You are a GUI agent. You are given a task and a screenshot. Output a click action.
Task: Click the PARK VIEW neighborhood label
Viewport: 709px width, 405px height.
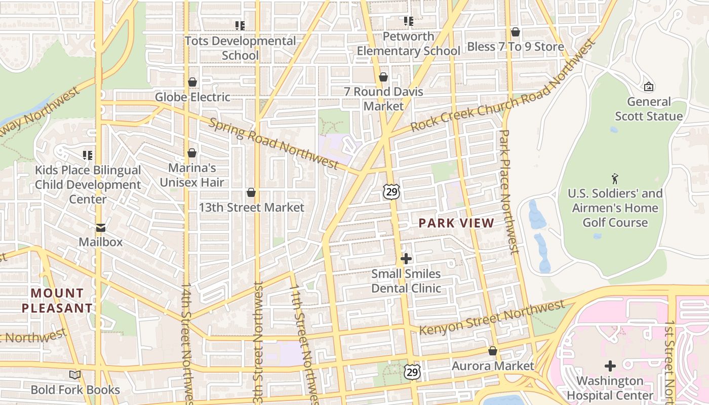click(x=456, y=223)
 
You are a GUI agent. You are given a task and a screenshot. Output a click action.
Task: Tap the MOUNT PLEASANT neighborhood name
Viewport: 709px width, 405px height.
click(x=57, y=300)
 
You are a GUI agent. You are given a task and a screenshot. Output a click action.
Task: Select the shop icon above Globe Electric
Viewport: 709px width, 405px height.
click(x=192, y=82)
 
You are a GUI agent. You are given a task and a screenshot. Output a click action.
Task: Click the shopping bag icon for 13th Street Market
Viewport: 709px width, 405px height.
click(x=251, y=192)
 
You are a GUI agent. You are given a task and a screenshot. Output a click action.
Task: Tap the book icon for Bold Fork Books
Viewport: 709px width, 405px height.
click(x=75, y=375)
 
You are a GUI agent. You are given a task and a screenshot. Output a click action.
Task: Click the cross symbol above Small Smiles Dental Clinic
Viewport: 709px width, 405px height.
click(x=406, y=259)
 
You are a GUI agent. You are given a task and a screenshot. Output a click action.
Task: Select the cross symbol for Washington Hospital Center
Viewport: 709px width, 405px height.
click(x=610, y=366)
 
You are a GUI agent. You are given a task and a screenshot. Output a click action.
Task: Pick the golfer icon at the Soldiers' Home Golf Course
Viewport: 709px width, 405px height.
click(x=615, y=178)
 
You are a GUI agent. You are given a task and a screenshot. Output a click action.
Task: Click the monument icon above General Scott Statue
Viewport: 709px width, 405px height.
click(x=649, y=87)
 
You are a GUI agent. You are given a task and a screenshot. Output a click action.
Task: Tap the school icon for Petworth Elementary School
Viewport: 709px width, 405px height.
click(x=409, y=21)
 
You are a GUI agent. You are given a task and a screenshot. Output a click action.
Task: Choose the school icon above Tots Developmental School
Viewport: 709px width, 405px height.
click(x=240, y=25)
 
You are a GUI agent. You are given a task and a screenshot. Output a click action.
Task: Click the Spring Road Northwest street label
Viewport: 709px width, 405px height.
click(x=273, y=144)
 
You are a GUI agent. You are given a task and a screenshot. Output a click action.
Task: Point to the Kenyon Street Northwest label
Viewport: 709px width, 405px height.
click(x=492, y=317)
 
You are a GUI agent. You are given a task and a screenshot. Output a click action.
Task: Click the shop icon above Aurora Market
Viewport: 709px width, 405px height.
click(x=493, y=351)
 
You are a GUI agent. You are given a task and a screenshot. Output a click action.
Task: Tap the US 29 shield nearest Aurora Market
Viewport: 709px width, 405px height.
click(x=412, y=372)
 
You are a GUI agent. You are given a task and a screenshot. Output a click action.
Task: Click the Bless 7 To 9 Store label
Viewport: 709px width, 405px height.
click(x=516, y=47)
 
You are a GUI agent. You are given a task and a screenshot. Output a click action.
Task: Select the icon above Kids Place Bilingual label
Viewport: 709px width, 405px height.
click(x=88, y=155)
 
